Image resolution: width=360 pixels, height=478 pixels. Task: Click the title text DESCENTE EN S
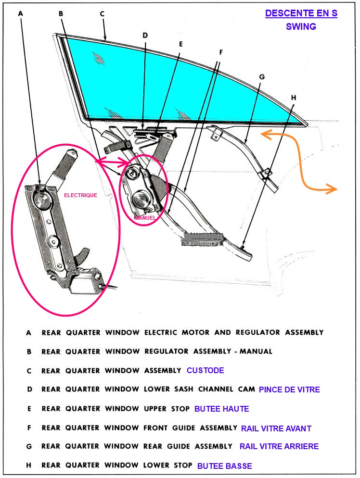click(x=301, y=13)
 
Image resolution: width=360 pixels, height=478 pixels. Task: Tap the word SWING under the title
click(x=301, y=26)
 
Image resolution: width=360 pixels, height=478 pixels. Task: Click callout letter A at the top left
click(x=21, y=13)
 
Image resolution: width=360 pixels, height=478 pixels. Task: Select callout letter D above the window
click(x=145, y=36)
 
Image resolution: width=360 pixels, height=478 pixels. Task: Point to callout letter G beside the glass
click(x=262, y=77)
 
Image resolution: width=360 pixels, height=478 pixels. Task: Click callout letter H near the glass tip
click(x=294, y=98)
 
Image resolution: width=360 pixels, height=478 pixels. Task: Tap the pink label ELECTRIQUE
click(x=80, y=195)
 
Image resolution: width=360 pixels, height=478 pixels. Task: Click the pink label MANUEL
click(x=144, y=218)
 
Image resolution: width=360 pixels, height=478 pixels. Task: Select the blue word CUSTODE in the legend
click(x=206, y=370)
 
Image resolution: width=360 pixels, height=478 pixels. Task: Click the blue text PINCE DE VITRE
click(x=289, y=390)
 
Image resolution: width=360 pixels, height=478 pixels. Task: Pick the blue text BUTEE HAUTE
click(x=221, y=409)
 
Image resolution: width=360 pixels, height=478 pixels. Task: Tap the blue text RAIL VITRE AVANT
click(x=276, y=428)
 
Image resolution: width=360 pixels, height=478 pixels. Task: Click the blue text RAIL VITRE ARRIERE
click(x=279, y=446)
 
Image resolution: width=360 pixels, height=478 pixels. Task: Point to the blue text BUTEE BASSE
click(x=225, y=466)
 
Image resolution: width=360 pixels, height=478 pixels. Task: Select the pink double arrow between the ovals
click(x=113, y=162)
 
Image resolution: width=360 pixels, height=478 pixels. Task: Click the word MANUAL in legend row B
click(x=256, y=351)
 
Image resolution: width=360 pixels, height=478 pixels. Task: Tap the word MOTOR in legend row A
click(x=195, y=332)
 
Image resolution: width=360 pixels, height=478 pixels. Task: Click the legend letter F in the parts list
click(x=29, y=428)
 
